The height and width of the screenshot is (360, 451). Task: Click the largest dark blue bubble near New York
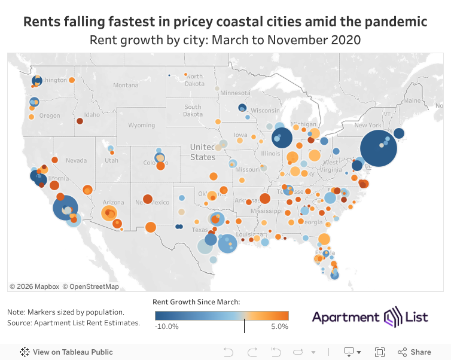pyautogui.click(x=379, y=150)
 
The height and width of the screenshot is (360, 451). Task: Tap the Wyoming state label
pyautogui.click(x=141, y=126)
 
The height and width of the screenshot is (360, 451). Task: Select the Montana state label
pyautogui.click(x=126, y=86)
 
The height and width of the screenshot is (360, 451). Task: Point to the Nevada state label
pyautogui.click(x=76, y=161)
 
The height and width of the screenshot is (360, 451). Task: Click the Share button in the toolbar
pyautogui.click(x=415, y=352)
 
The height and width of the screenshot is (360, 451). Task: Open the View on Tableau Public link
pyautogui.click(x=66, y=352)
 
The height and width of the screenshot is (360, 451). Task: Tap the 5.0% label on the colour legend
pyautogui.click(x=280, y=327)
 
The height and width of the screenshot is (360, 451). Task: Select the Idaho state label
pyautogui.click(x=92, y=115)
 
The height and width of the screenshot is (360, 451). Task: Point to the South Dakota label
pyautogui.click(x=193, y=111)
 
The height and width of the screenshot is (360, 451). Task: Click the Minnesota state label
pyautogui.click(x=234, y=93)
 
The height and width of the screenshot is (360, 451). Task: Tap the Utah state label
pyautogui.click(x=111, y=160)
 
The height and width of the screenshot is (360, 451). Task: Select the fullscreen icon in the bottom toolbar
pyautogui.click(x=379, y=352)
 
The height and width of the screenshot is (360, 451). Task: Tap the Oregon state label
pyautogui.click(x=50, y=116)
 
